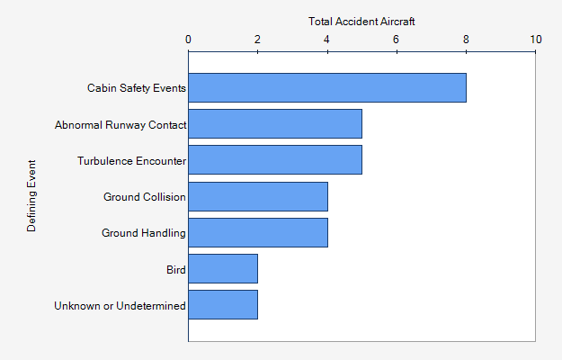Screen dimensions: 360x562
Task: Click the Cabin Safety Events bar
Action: (x=327, y=88)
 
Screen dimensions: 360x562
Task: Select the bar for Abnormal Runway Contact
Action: (x=275, y=124)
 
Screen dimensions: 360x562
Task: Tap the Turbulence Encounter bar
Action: (x=275, y=160)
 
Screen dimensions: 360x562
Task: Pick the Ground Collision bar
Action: (x=258, y=196)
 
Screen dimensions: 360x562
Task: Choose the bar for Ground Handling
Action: (x=258, y=232)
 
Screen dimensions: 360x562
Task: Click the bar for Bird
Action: (x=223, y=268)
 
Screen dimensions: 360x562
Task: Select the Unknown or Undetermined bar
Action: (x=223, y=304)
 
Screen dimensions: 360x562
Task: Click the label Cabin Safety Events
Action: (x=136, y=88)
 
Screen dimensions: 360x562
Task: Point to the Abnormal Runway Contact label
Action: (x=120, y=125)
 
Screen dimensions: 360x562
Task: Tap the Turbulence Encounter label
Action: (x=131, y=161)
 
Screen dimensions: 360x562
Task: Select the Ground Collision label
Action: (x=144, y=197)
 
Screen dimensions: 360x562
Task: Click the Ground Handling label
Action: (x=143, y=233)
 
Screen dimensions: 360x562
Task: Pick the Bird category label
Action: (x=175, y=269)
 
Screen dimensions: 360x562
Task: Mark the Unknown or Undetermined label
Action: (x=120, y=305)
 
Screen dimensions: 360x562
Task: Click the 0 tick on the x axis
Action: (x=188, y=39)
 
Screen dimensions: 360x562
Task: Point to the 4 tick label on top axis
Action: (x=327, y=39)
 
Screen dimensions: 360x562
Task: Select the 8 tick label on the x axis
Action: (x=466, y=39)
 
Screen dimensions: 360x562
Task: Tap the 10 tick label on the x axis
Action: (x=536, y=39)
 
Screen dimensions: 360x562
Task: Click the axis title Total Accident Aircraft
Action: (x=361, y=21)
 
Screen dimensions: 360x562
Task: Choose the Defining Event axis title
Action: (x=32, y=196)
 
